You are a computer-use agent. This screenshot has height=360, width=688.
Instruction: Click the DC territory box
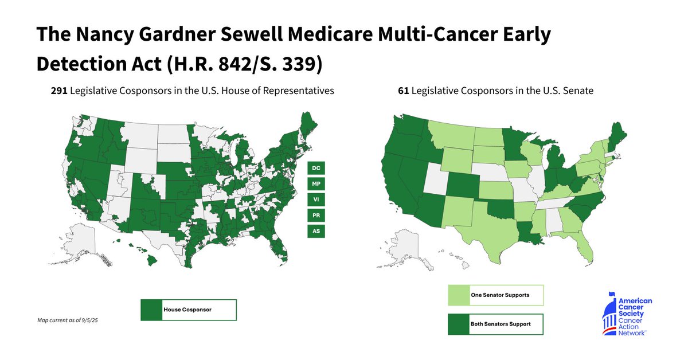[315, 169]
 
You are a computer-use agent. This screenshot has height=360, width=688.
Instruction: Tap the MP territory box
[315, 184]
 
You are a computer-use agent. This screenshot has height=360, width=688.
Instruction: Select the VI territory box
[315, 199]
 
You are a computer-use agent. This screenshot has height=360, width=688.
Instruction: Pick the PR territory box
[315, 216]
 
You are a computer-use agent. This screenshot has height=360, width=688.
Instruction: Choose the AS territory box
[315, 231]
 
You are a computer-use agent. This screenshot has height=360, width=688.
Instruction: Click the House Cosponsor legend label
[187, 310]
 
